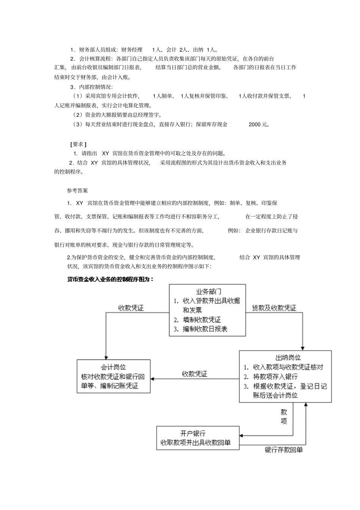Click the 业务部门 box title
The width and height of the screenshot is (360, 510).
click(208, 292)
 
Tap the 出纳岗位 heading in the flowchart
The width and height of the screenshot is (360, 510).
click(288, 357)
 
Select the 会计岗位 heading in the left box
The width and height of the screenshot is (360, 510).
click(113, 367)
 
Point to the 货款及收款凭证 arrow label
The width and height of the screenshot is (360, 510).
click(274, 308)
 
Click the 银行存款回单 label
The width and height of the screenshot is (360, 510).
click(283, 450)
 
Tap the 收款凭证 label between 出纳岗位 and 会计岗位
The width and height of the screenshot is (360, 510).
click(194, 374)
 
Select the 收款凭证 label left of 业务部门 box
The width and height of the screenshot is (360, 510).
click(131, 308)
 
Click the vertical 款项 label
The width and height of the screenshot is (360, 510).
click(283, 416)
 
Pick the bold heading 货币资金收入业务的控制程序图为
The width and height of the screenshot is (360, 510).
click(110, 279)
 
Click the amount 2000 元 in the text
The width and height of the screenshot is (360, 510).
click(259, 124)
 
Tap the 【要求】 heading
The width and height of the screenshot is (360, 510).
click(78, 144)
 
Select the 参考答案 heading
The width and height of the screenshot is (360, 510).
click(77, 190)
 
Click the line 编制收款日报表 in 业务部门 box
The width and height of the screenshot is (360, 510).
click(205, 329)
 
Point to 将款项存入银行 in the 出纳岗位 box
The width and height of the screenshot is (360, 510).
click(275, 377)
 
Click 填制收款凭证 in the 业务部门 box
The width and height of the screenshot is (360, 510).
click(202, 320)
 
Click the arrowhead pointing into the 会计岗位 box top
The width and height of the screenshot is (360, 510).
click(106, 357)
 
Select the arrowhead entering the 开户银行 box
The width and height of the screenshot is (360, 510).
click(242, 435)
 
